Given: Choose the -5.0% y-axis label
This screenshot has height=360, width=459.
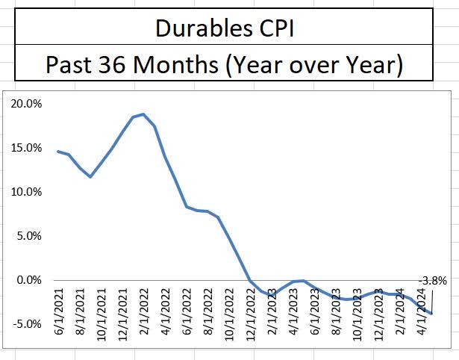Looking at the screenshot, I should (x=27, y=324).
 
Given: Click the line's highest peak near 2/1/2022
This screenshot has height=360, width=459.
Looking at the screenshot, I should (x=143, y=114).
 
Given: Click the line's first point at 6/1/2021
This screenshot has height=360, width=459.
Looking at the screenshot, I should (x=58, y=152).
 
